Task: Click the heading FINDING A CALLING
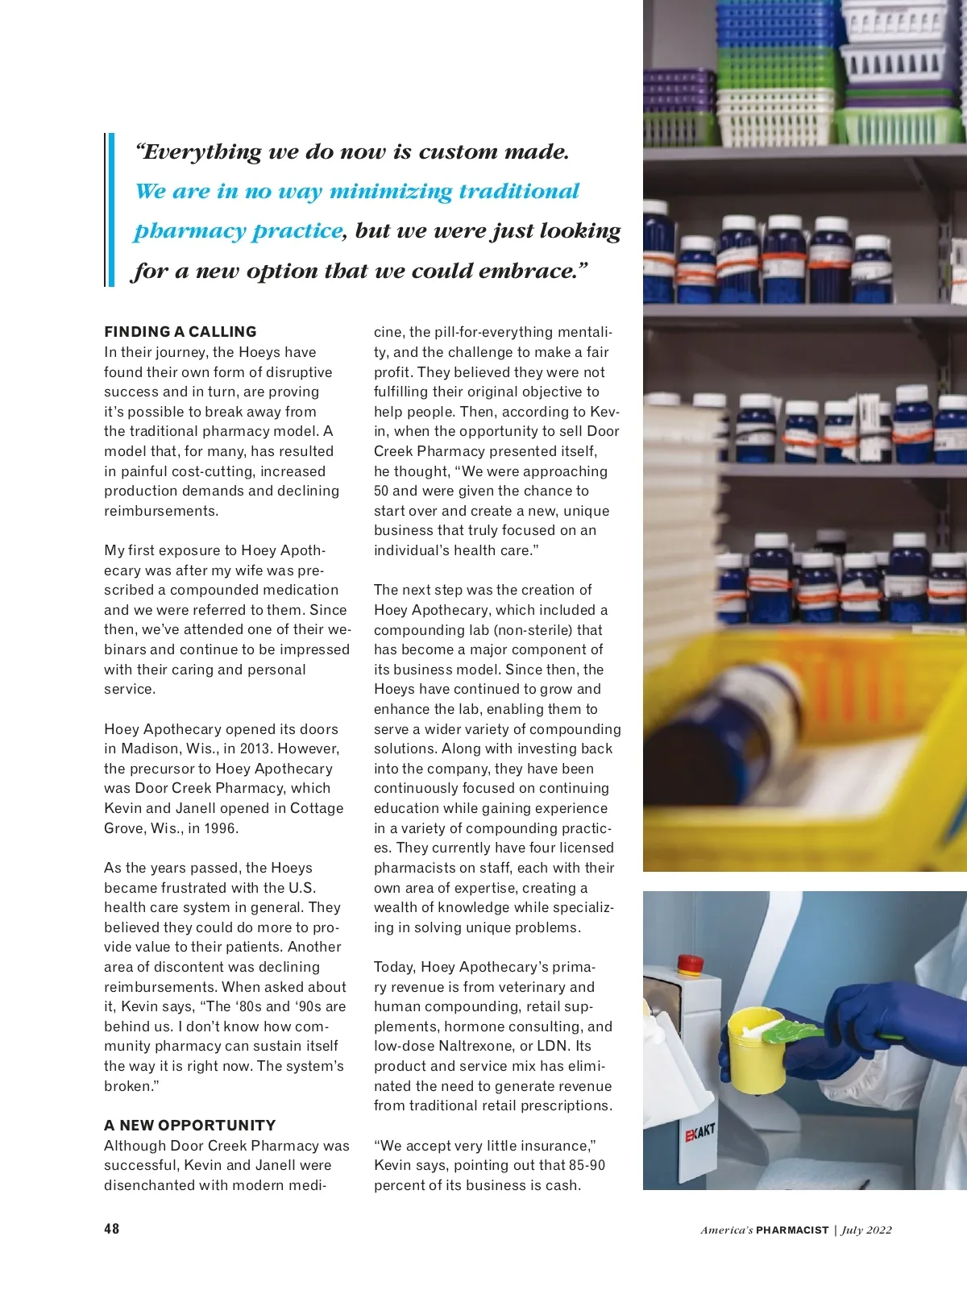[x=180, y=332]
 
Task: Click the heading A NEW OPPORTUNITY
[x=189, y=1126]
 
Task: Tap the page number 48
[x=111, y=1229]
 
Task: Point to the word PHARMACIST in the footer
[x=792, y=1230]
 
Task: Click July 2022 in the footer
[x=866, y=1230]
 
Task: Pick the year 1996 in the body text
[x=222, y=828]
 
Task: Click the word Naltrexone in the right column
[x=491, y=1046]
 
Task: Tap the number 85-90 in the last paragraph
[x=587, y=1165]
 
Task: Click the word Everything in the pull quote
[x=199, y=152]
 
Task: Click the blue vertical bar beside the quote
[x=111, y=210]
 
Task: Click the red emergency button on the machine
[x=689, y=964]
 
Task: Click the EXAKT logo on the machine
[x=699, y=1133]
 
